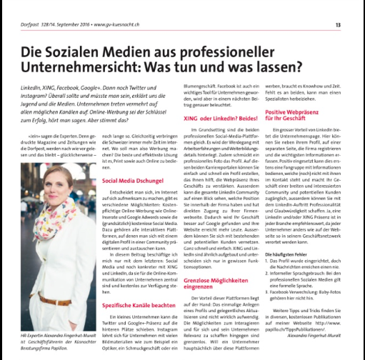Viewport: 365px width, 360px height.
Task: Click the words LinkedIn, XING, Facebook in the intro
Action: (x=54, y=85)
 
